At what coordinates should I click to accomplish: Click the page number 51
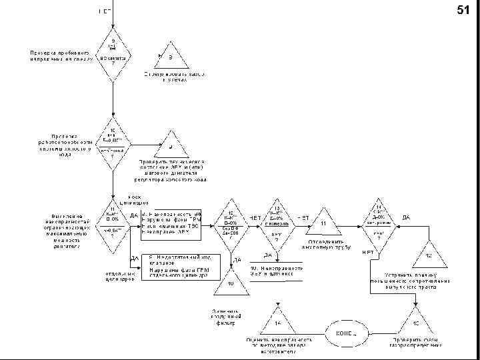click(x=463, y=10)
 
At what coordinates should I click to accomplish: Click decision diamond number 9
click(x=113, y=51)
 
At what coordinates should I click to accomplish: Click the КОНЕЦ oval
click(x=346, y=331)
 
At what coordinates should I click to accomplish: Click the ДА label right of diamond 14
click(x=407, y=217)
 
